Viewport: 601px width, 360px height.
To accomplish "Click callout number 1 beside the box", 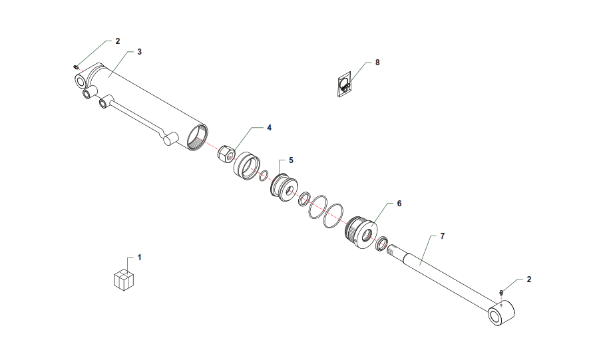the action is point(140,258).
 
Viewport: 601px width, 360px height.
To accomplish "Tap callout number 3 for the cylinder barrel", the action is point(140,52).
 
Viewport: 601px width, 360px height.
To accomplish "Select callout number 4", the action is point(269,128).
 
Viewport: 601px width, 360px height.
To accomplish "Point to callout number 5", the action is point(291,160).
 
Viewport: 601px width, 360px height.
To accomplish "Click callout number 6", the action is point(399,204).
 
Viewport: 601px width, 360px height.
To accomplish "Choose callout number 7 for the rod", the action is point(443,236).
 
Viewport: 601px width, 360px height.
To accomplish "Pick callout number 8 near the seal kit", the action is point(377,63).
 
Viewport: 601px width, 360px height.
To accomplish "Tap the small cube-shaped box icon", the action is point(124,279).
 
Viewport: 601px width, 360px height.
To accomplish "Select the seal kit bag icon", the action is point(344,85).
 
